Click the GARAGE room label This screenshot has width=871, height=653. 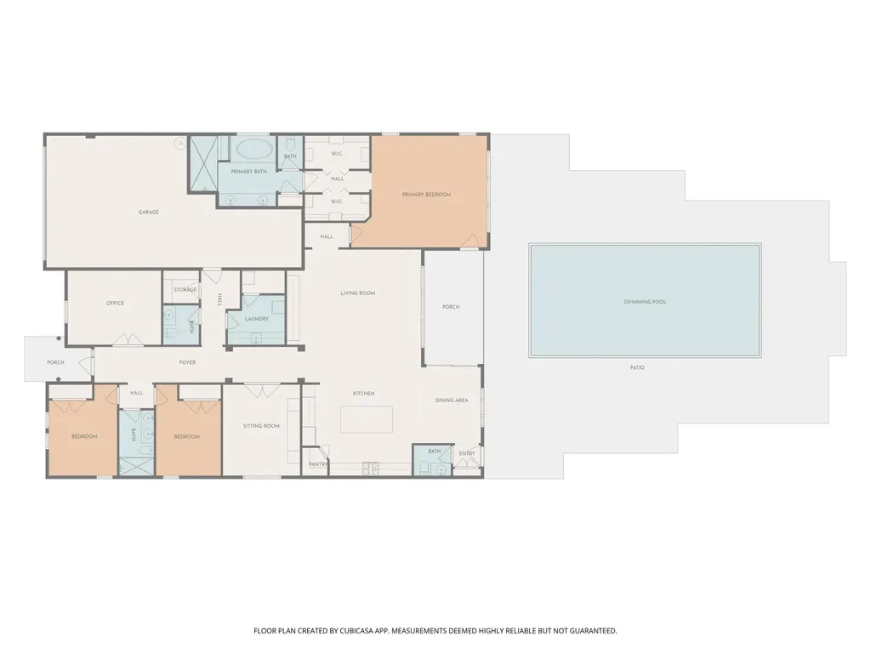pos(148,212)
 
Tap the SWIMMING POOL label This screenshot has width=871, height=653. pos(645,302)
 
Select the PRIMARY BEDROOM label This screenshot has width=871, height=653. pos(427,195)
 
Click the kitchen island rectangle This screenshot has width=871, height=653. pos(367,420)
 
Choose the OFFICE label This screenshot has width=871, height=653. pos(115,304)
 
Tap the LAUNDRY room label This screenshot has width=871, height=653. pos(257,320)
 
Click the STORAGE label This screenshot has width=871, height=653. pos(185,290)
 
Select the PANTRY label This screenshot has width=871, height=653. pos(318,464)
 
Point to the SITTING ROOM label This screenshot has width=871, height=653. pos(261,427)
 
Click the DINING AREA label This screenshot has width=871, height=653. pos(452,400)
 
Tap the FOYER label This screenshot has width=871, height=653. pos(187,362)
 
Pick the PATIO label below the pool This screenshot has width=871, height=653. pos(637,367)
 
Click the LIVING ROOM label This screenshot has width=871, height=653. pos(358,293)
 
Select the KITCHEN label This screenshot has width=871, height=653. pos(364,394)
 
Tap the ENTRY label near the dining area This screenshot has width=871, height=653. pos(467,454)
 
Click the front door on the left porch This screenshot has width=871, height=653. pos(88,364)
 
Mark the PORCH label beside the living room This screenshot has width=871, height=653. pos(451,307)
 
